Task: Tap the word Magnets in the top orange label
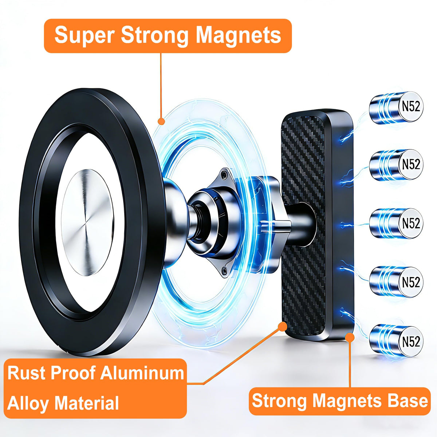pyautogui.click(x=238, y=35)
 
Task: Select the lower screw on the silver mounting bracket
pyautogui.click(x=224, y=269)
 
